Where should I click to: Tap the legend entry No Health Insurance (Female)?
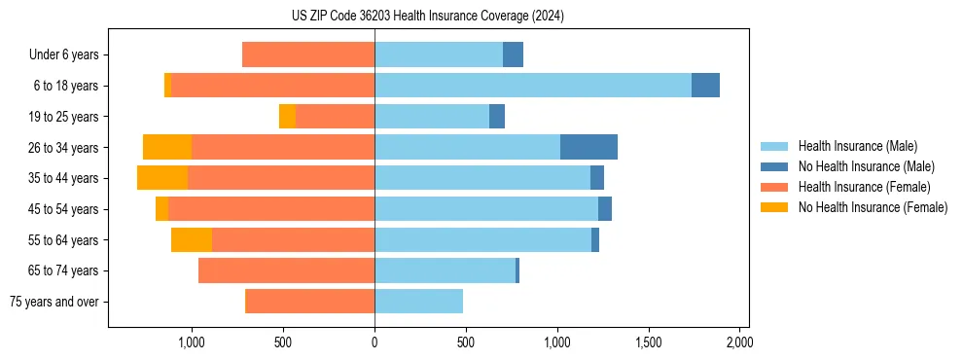pos(872,207)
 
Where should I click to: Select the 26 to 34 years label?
pos(63,148)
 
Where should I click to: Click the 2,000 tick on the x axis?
pos(739,342)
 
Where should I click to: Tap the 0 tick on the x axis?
pos(374,342)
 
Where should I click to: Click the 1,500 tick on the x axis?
pos(648,342)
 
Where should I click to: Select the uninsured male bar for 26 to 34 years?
pos(588,147)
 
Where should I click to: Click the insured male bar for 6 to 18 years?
pos(533,86)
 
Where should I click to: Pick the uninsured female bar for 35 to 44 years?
pos(162,178)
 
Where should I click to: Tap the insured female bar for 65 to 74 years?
pos(286,270)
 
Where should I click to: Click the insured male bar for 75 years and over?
pos(418,302)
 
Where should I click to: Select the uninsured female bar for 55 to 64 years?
pos(192,239)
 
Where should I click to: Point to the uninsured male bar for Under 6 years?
pos(513,54)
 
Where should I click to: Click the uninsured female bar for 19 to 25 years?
pos(287,117)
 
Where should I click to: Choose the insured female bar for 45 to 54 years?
pos(271,209)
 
